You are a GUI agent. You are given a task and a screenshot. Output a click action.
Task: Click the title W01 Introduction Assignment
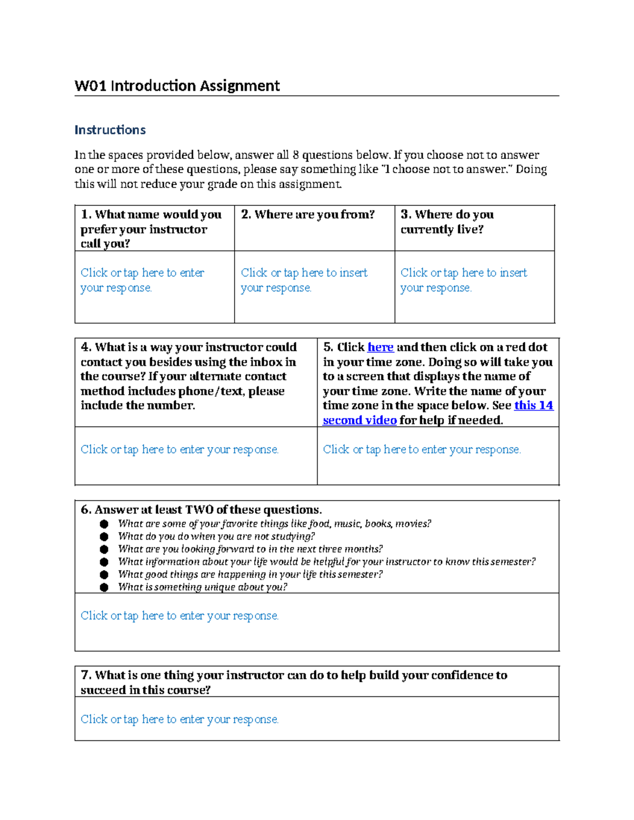tap(177, 86)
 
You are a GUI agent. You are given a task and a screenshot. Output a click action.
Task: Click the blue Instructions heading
tap(110, 130)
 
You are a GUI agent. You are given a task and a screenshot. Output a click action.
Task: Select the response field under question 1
tap(142, 280)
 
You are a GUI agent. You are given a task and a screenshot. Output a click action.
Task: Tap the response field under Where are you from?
tap(304, 280)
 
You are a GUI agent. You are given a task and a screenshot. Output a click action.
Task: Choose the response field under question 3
tap(463, 280)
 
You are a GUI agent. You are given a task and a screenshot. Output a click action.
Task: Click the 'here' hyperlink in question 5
tap(380, 347)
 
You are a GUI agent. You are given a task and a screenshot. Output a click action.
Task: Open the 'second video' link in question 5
tap(359, 420)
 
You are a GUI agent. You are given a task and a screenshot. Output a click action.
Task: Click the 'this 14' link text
tap(534, 406)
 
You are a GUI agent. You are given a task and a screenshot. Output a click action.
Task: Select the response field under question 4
tap(180, 450)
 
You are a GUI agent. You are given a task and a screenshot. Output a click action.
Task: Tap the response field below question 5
tap(422, 450)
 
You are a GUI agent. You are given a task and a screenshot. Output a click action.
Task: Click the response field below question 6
tap(180, 616)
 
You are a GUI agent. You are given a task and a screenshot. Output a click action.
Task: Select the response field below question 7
tap(180, 720)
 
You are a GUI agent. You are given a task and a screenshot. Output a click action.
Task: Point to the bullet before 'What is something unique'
tap(104, 587)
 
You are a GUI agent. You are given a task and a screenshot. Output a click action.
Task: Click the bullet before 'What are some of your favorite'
tap(104, 524)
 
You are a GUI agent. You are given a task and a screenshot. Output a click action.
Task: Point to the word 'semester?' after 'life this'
tap(360, 574)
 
